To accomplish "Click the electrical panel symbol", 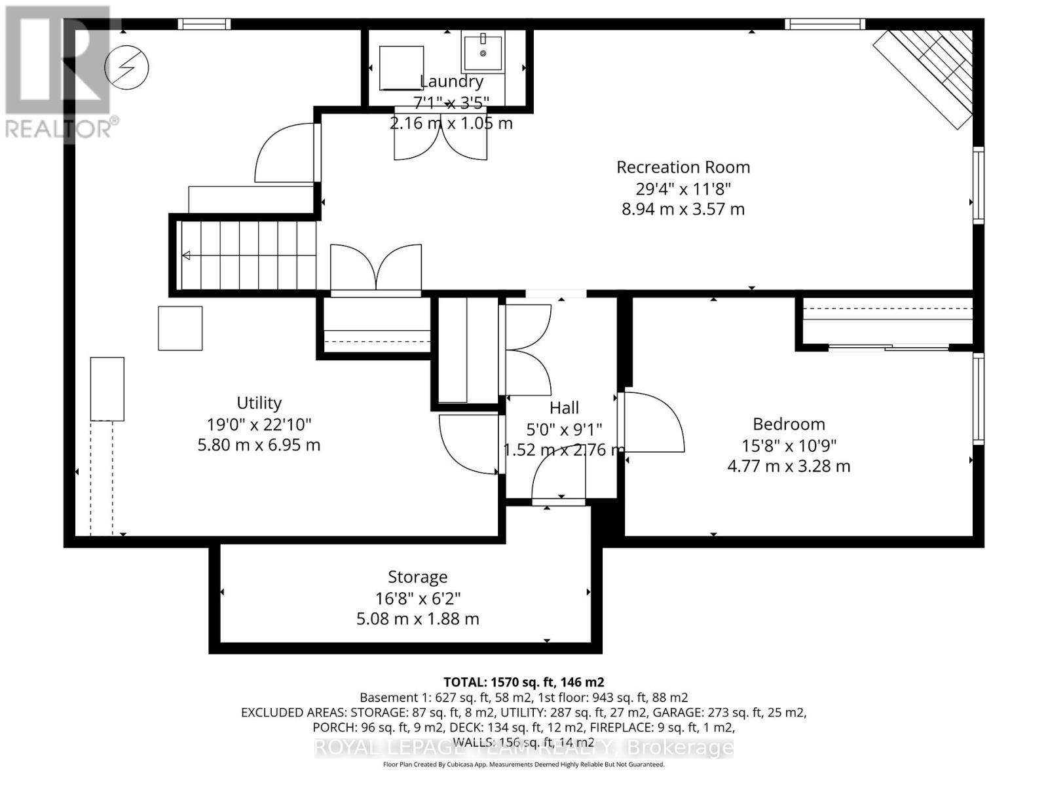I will pos(127,67).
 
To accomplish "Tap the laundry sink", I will pos(483,52).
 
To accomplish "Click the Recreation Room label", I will pos(683,167).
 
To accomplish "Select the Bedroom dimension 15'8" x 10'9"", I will pos(789,445).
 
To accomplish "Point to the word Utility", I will pos(259,403).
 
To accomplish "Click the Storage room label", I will pos(418,577).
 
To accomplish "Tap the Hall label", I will pos(564,408).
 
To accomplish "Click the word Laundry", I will pos(451,82).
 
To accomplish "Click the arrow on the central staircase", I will pos(187,255).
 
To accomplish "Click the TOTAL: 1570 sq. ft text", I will pos(523,682).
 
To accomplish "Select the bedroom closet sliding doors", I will pos(889,347).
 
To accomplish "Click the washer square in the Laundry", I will pos(401,67).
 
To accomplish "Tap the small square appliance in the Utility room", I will pos(180,328).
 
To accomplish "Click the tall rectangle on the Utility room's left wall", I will pos(107,388).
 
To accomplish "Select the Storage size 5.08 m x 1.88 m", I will pos(418,619).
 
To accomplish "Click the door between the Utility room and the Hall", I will pos(468,445).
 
